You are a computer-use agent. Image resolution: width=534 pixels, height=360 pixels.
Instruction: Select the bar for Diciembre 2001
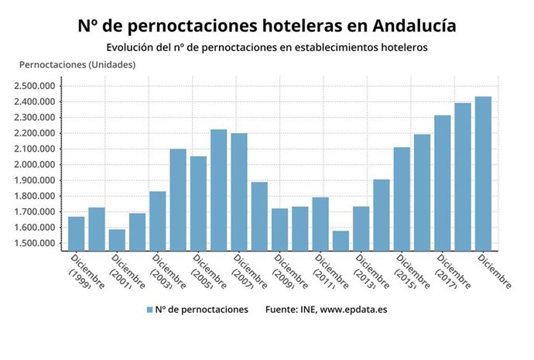[117, 240]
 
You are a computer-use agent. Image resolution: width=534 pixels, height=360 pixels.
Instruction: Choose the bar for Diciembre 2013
[361, 228]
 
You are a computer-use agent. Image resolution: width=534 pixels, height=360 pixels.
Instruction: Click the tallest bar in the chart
[483, 173]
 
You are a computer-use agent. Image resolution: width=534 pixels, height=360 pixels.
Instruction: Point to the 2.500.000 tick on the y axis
[36, 86]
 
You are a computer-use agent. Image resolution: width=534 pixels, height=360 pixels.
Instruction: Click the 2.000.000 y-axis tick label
[36, 165]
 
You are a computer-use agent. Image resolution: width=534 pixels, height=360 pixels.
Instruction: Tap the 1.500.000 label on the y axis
[36, 244]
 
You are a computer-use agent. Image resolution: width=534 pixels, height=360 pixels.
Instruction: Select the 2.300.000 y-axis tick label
[36, 118]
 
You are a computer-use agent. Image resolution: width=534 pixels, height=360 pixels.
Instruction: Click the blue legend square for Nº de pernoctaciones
[149, 310]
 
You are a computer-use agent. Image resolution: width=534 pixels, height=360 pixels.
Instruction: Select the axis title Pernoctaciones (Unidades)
[77, 64]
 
